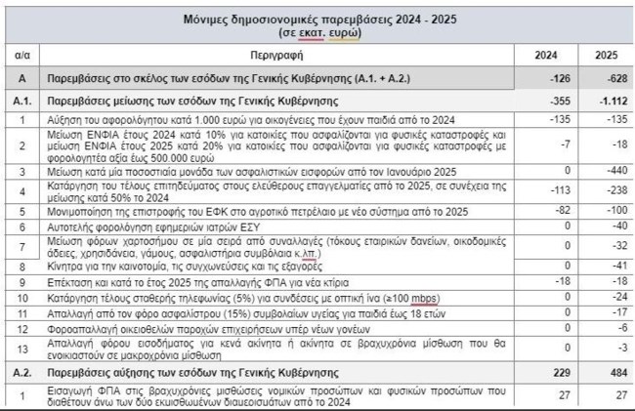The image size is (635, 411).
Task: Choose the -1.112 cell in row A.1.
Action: [610, 100]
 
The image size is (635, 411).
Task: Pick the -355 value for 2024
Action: [562, 100]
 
